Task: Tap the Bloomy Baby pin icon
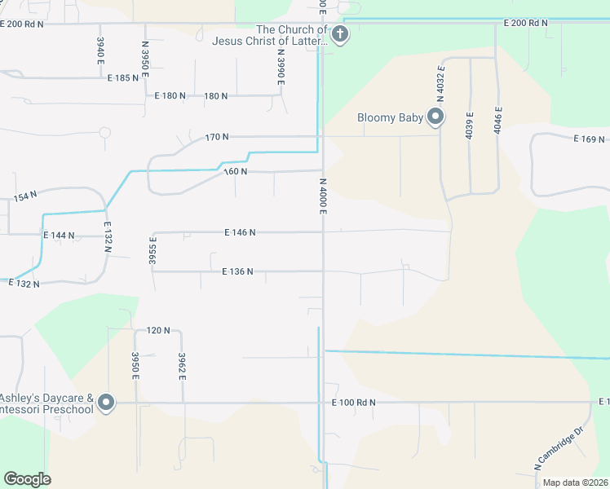tap(435, 117)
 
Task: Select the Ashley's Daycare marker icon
tap(106, 403)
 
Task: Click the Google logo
tap(27, 479)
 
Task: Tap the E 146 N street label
tap(240, 232)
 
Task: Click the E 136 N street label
tap(237, 271)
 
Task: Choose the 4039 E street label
tap(470, 126)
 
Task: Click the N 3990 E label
tap(281, 64)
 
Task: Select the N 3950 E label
tap(145, 59)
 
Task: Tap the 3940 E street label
tap(100, 51)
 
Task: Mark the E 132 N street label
tap(24, 282)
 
